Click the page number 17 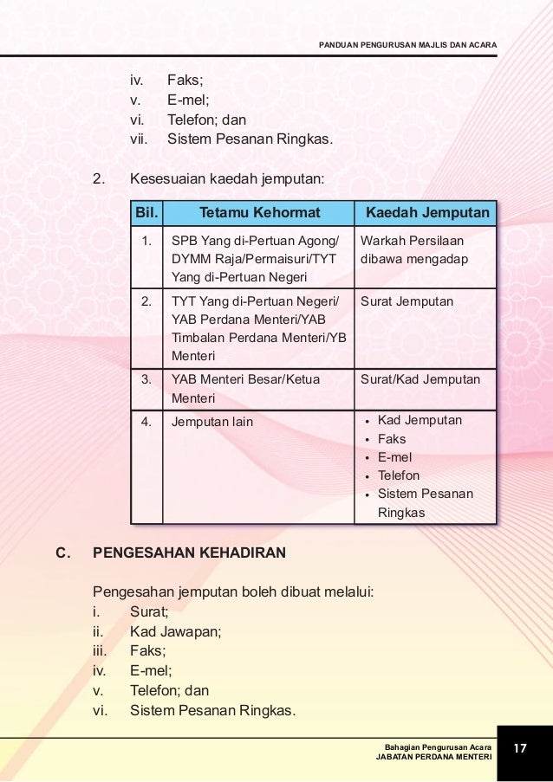[x=521, y=747]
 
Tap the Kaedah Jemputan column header [x=427, y=213]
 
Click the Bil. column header [x=146, y=213]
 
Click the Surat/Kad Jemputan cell [x=420, y=379]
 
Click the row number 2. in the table [x=146, y=301]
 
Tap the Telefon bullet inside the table [x=398, y=475]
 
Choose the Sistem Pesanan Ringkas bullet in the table [x=425, y=503]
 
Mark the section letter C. [x=62, y=552]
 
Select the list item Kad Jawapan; [x=175, y=631]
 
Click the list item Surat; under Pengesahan [x=148, y=612]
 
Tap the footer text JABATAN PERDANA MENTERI [x=433, y=757]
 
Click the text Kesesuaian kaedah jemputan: [x=226, y=180]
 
